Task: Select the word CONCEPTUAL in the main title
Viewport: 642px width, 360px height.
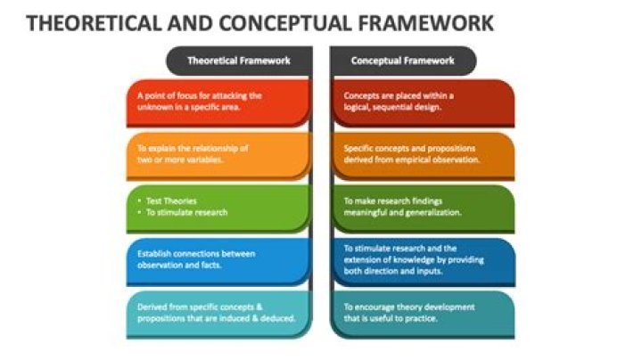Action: tap(285, 23)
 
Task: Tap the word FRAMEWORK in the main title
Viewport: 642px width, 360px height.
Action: tap(426, 23)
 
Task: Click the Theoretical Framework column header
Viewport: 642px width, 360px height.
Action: tap(239, 61)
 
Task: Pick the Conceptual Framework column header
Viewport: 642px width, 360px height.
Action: tap(402, 61)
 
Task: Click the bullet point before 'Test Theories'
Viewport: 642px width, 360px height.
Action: tap(140, 200)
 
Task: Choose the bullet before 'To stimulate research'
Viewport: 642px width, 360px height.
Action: tap(140, 212)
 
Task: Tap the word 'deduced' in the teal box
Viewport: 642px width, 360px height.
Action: tap(281, 318)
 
